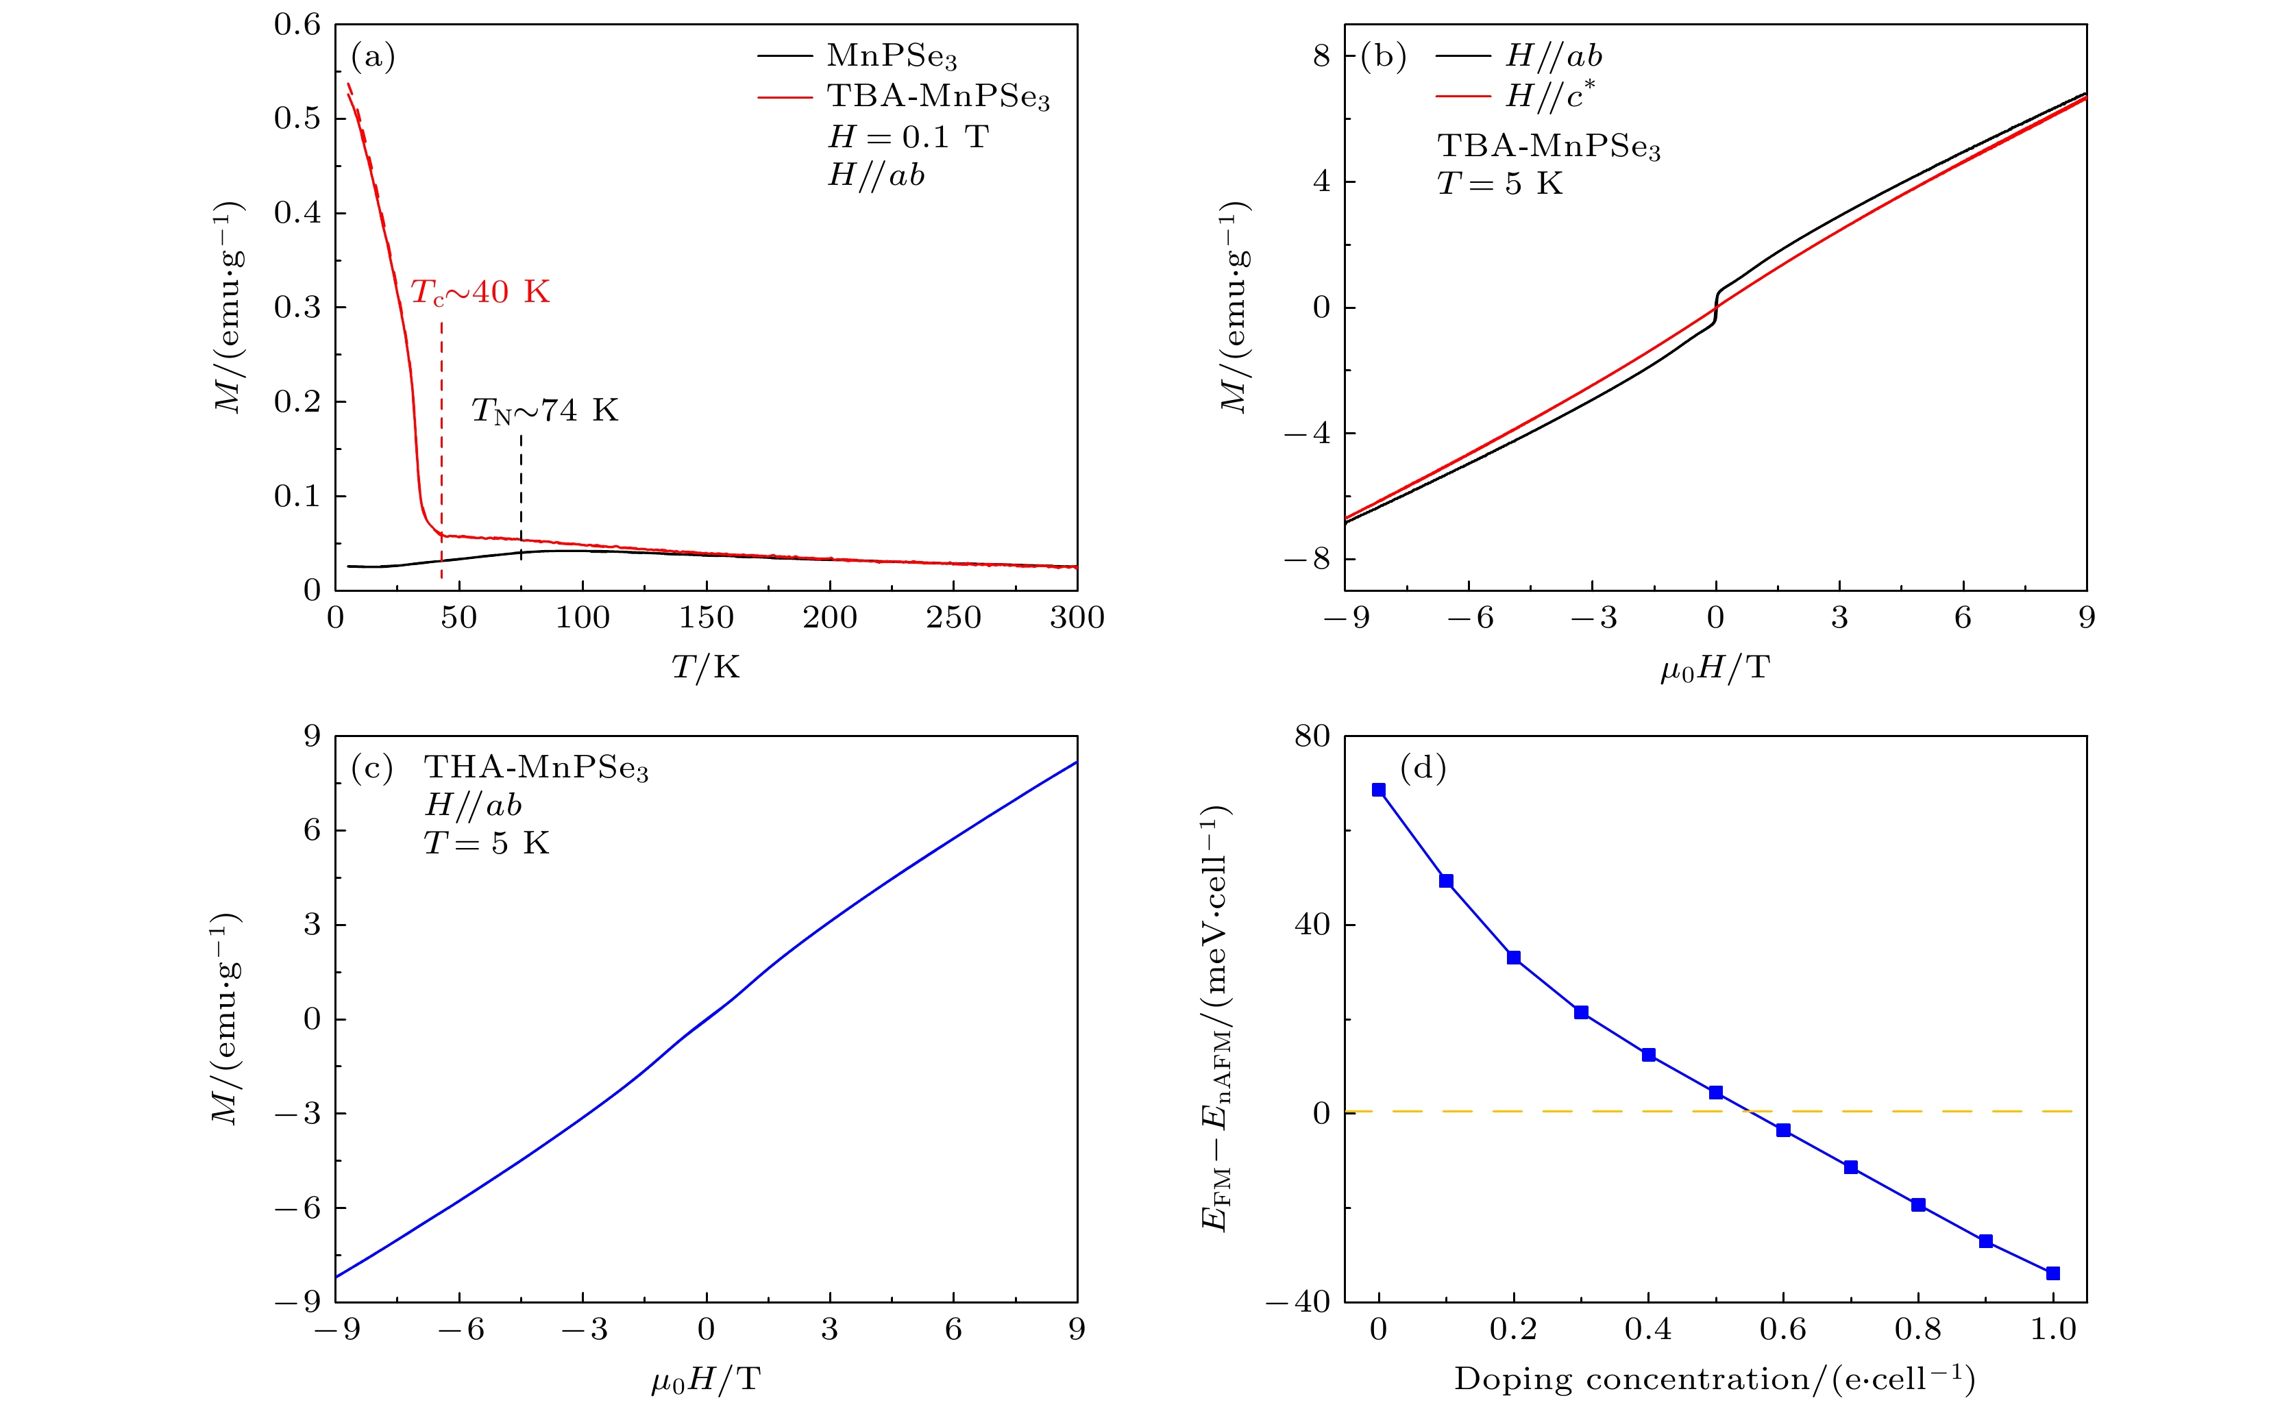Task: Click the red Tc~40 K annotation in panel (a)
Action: tap(480, 292)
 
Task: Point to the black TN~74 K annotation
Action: tap(544, 410)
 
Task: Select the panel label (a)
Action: tap(373, 58)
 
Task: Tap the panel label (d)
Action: tap(1423, 768)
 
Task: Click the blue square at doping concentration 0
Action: tap(1379, 790)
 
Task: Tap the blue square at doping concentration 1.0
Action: tap(2052, 1274)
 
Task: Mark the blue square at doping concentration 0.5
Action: tap(1716, 1092)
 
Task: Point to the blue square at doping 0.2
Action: tap(1514, 958)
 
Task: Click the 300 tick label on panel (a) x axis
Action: tap(1077, 618)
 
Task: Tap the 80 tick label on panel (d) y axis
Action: tap(1312, 736)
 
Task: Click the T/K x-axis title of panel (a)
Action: tap(706, 667)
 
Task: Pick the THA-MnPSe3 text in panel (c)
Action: tap(536, 768)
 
